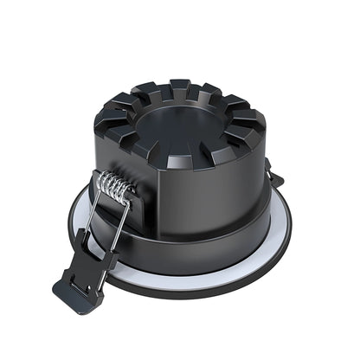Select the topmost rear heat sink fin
pyautogui.click(x=179, y=87)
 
